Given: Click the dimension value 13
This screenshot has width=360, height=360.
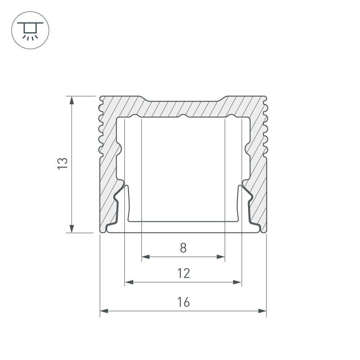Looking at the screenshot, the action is [63, 163].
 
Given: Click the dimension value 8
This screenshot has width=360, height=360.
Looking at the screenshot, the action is [183, 248].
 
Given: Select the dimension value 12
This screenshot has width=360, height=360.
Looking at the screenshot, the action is [184, 273].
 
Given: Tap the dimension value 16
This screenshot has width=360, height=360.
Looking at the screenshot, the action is [184, 302].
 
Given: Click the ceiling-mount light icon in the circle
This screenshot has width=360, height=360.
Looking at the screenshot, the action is [30, 31].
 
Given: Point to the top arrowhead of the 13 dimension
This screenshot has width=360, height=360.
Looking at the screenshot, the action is [72, 100].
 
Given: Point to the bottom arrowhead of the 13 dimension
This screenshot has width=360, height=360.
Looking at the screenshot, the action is [72, 229].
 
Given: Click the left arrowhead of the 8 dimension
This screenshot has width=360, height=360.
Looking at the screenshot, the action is [145, 257].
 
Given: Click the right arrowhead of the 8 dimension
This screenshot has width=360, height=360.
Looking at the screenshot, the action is [221, 257].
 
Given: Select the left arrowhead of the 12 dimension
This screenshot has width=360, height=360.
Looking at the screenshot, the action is [129, 282].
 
